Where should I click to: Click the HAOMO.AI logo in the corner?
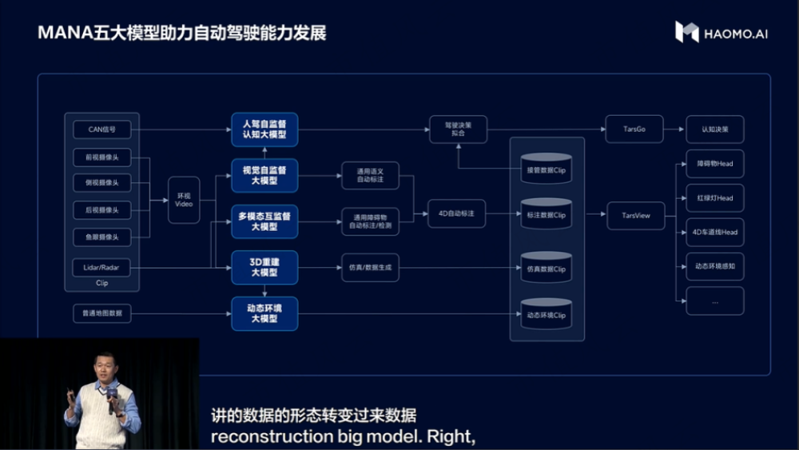click(721, 33)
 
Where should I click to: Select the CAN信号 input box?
click(101, 129)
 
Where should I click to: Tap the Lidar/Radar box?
click(101, 267)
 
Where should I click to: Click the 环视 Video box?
click(184, 200)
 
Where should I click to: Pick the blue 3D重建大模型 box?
click(264, 268)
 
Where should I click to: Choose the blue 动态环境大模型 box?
click(264, 313)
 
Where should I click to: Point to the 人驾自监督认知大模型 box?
click(264, 129)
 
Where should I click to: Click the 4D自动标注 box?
click(456, 213)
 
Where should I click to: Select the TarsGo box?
click(634, 129)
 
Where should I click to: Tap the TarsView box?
click(635, 215)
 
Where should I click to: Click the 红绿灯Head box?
click(714, 198)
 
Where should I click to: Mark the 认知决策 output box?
click(714, 129)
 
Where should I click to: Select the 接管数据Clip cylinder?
click(547, 168)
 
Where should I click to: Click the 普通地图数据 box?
click(101, 313)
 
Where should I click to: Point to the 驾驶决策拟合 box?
click(458, 129)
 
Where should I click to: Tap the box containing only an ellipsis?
click(714, 301)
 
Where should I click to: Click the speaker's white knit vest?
click(100, 416)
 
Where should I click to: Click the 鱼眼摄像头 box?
click(101, 237)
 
